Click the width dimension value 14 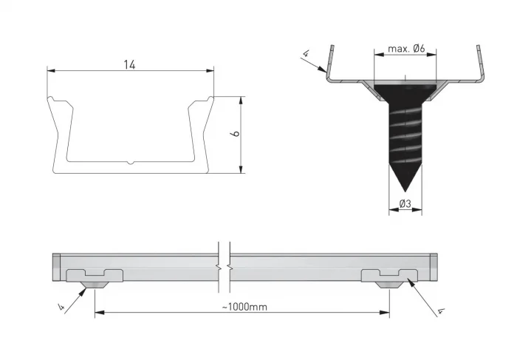click(130, 64)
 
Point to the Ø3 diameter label click(405, 203)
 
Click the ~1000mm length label click(243, 306)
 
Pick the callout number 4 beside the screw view click(305, 53)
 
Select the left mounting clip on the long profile click(95, 277)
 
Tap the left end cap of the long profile click(57, 262)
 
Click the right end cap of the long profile click(434, 262)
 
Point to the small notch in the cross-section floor click(130, 161)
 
